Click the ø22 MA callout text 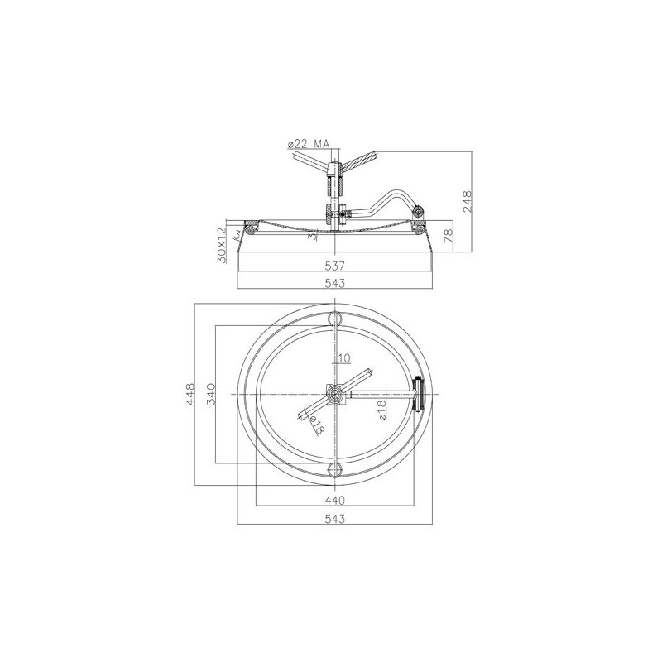click(308, 144)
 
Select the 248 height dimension click(467, 201)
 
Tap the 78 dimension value click(449, 235)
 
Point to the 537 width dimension click(335, 266)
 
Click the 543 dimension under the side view click(335, 283)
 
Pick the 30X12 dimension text click(222, 245)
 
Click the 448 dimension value click(190, 394)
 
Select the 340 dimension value click(211, 394)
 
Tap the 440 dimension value click(335, 501)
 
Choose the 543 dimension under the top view click(335, 519)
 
